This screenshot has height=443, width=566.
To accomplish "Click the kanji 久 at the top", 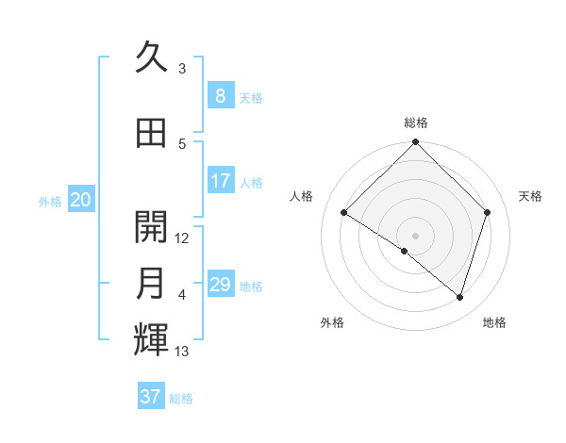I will point(151,59).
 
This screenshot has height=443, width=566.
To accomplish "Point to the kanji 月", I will point(151,284).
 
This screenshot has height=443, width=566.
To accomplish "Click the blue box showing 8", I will point(221,95).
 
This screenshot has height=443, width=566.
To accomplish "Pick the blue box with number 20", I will point(81,200).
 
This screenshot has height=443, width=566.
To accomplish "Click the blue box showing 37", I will point(151,397).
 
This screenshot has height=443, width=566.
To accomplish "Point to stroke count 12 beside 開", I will point(183,238).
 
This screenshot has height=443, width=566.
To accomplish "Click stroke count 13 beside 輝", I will point(183,353).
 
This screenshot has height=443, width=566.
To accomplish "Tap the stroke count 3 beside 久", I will point(182,69).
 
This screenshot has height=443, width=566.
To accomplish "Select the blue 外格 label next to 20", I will point(50,201).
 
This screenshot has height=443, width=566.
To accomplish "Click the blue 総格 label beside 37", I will point(181,399).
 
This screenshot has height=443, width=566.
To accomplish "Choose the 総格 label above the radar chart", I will point(415,123).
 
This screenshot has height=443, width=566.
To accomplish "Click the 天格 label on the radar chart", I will point(531,196).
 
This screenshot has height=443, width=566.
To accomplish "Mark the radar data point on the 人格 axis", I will point(344,213).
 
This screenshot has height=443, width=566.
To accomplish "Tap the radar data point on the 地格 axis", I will point(459,297).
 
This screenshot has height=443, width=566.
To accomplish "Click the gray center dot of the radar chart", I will point(415,235).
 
